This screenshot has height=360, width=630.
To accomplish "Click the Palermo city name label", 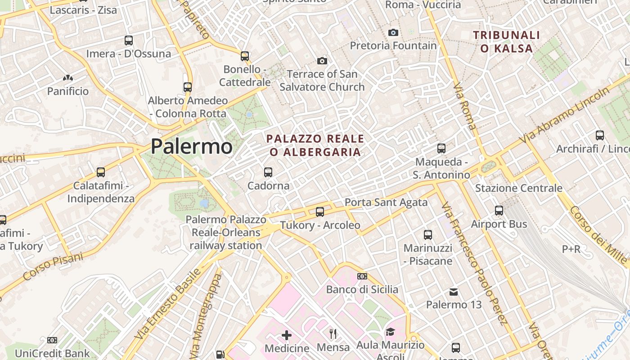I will click(191, 146).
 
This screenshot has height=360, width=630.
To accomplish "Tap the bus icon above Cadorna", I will click(268, 172).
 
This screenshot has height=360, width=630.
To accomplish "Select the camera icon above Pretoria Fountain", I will click(393, 32).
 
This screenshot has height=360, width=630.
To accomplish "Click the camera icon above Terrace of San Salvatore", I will click(322, 61).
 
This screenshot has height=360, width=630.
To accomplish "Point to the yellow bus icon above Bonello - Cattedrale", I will click(245, 56).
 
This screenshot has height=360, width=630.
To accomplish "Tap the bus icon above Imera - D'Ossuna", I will click(129, 40).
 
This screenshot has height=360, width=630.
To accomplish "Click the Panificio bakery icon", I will click(68, 78).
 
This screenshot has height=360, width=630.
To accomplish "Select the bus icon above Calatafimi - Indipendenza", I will click(101, 172).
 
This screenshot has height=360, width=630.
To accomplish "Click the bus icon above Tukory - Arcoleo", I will click(320, 211).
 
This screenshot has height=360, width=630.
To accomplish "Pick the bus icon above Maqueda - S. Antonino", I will click(441, 148).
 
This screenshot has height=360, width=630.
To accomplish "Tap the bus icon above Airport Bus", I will click(499, 211).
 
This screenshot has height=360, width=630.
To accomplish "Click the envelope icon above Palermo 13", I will click(454, 292).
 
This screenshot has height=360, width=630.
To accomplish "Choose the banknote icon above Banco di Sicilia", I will click(362, 276).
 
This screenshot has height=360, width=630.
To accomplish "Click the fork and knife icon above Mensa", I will click(333, 334).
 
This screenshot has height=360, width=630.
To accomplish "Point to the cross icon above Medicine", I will click(287, 335).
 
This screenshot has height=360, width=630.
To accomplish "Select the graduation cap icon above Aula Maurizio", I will click(390, 332).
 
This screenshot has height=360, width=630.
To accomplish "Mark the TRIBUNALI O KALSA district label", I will click(506, 41).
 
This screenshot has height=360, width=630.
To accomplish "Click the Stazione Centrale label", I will click(519, 188).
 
